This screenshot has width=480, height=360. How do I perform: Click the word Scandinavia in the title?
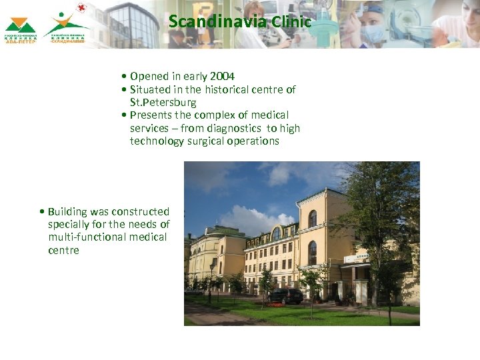point(217,21)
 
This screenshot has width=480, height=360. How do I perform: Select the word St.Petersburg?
point(163,102)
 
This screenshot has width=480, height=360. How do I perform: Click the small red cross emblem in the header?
point(81,8)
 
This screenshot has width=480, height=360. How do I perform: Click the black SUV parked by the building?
point(287,296)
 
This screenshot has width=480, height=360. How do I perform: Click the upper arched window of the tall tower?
point(312,218)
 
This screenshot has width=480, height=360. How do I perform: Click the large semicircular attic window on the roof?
point(276,234)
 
